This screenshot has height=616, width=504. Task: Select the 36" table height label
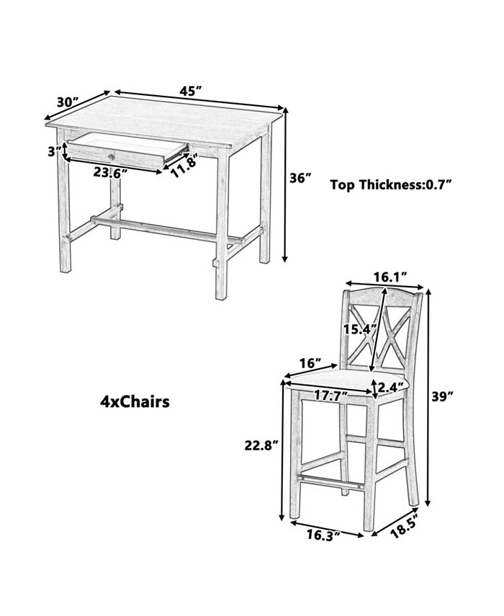(x=300, y=178)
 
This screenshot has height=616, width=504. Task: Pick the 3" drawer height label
(x=55, y=151)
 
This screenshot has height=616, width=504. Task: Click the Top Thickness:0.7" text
(x=390, y=184)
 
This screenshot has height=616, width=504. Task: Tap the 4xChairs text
(x=135, y=402)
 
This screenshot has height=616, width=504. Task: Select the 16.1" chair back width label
(x=390, y=277)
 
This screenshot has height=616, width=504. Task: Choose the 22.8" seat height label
(x=261, y=445)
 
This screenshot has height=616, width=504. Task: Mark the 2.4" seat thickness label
(x=390, y=388)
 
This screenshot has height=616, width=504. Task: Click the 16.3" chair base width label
(x=323, y=535)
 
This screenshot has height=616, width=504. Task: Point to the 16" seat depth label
(x=310, y=363)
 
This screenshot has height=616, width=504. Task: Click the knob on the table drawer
(x=112, y=157)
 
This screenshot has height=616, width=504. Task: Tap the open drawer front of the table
(x=116, y=155)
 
